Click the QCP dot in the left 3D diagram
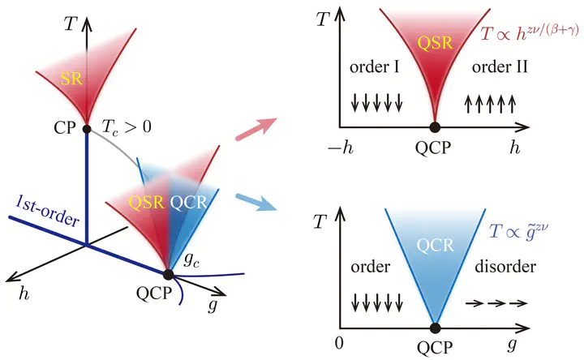(170, 273)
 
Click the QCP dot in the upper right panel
(435, 126)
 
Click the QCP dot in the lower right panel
(435, 328)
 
